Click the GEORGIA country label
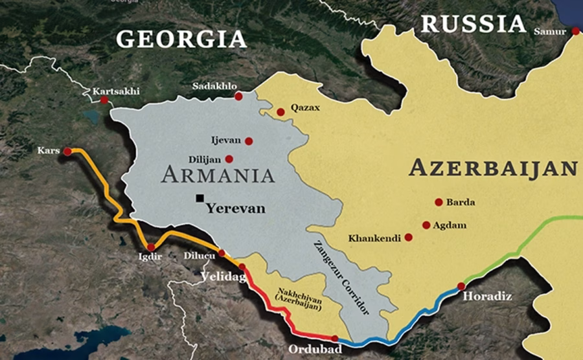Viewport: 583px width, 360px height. tap(181, 38)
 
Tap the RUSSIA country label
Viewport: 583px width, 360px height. tap(473, 24)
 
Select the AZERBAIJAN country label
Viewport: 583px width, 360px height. tap(493, 168)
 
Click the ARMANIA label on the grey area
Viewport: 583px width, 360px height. tap(218, 175)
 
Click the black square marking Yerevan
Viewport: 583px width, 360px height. tap(201, 198)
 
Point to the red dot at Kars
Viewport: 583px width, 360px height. tap(67, 152)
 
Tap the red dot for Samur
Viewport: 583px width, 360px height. tap(575, 30)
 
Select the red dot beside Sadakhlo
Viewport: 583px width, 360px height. tap(238, 96)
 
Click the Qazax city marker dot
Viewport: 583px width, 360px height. tap(280, 112)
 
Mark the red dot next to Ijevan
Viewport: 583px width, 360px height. tap(249, 141)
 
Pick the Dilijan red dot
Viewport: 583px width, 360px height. tap(229, 159)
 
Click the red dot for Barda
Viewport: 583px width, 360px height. tap(439, 202)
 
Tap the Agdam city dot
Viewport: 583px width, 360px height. tap(426, 225)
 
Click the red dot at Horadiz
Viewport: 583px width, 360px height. tap(461, 286)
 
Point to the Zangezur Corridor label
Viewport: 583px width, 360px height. tap(340, 278)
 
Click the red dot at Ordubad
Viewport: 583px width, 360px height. tap(334, 338)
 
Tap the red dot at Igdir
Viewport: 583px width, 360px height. tap(151, 247)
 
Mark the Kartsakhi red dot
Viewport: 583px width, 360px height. tap(104, 100)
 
